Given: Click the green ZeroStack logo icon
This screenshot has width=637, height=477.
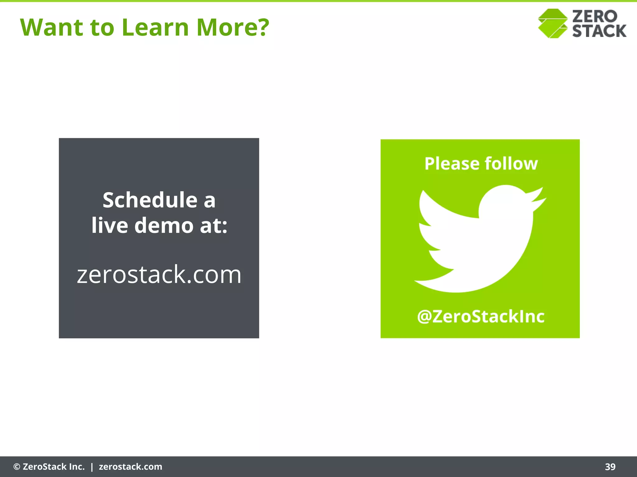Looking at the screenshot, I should [553, 24].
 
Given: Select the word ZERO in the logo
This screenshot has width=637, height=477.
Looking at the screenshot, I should [594, 16].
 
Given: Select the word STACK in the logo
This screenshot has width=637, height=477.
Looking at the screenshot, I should [599, 31].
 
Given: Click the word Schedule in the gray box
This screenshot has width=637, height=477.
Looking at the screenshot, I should [150, 200].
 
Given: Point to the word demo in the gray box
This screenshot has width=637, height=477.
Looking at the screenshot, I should [164, 225].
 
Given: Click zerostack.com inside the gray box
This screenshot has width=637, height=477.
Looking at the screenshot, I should [159, 275].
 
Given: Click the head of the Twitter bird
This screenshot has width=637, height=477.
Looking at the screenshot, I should [505, 202].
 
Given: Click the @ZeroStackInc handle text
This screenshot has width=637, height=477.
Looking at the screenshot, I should [481, 316].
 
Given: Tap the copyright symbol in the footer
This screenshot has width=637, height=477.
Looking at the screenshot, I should [17, 467].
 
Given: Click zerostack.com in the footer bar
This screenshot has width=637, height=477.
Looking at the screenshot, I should [130, 467].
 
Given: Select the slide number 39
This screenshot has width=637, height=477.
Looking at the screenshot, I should [610, 467].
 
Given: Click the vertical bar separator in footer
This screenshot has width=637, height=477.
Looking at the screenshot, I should [92, 467].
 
